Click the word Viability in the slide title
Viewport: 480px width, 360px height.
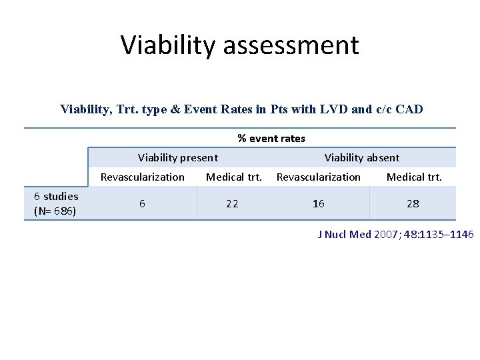point(169,45)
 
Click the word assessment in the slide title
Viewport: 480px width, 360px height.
point(291,45)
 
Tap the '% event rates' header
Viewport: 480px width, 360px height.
point(271,139)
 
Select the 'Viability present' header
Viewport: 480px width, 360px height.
point(177,158)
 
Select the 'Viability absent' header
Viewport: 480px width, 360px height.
point(362,158)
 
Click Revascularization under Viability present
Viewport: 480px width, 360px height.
point(143,177)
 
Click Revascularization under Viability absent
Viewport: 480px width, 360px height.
point(319,177)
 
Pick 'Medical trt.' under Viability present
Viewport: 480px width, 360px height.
point(234,177)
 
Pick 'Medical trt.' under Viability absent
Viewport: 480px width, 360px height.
point(414,177)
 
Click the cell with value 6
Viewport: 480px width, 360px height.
point(143,203)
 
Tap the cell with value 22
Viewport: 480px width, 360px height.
point(232,203)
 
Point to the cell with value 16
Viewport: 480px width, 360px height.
point(319,203)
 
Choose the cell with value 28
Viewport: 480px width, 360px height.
point(413,203)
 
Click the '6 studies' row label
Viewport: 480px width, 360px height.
point(56,196)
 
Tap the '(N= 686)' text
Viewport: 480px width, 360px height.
point(55,211)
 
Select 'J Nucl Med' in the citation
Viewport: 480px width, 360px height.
point(344,235)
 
